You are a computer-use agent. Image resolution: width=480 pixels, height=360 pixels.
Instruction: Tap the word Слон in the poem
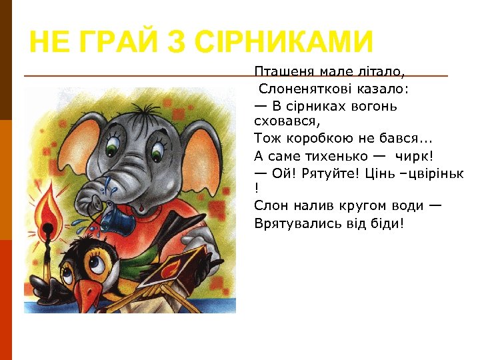click(268, 207)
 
